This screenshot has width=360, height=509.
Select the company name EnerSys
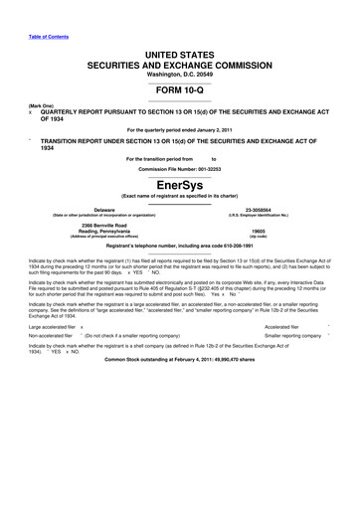pos(179,184)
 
